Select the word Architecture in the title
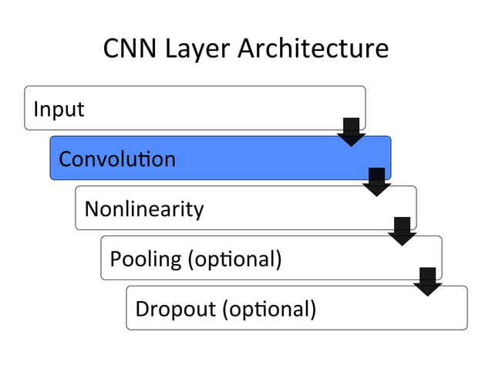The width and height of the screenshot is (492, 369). click(x=313, y=49)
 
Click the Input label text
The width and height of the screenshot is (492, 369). click(x=59, y=110)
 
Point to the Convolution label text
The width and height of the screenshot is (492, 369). click(x=117, y=159)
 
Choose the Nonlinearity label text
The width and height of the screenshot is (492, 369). click(x=144, y=208)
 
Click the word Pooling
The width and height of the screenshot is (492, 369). click(x=146, y=259)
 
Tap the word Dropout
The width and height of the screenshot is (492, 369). click(x=175, y=309)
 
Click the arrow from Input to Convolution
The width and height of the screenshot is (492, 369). click(x=351, y=132)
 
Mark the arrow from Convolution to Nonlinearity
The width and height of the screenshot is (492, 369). click(x=376, y=181)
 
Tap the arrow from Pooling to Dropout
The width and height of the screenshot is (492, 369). click(x=427, y=282)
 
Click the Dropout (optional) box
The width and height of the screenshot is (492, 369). click(x=386, y=309)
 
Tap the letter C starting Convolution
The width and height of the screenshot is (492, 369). click(x=66, y=160)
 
